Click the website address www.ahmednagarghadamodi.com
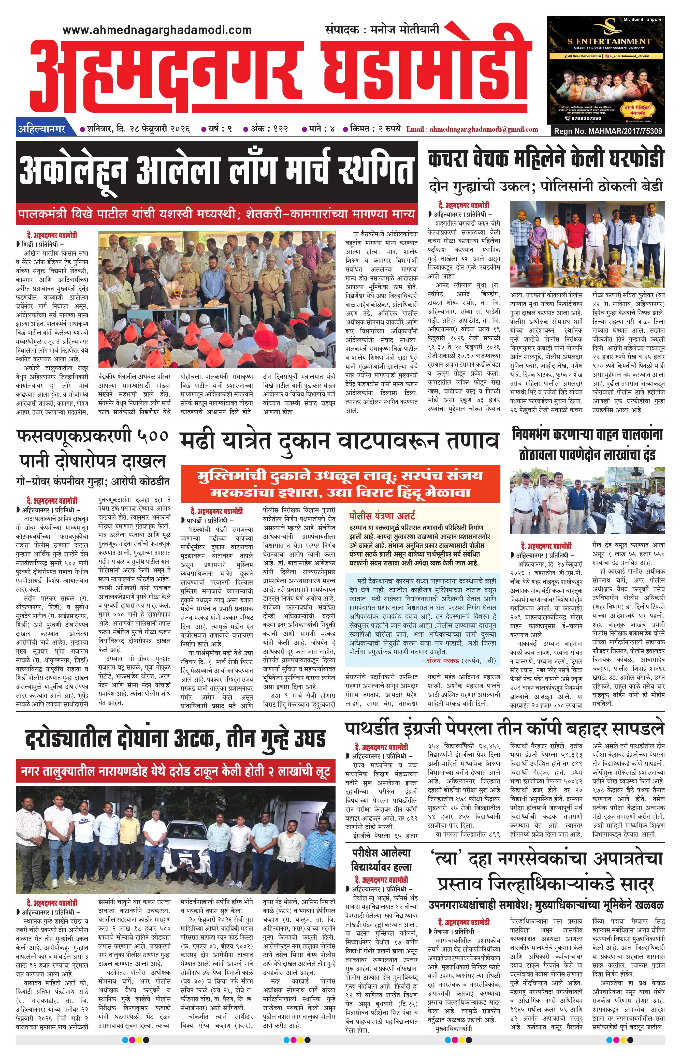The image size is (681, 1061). (x=157, y=30)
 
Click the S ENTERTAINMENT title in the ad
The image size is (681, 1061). (x=609, y=41)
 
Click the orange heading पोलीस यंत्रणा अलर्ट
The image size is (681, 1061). (x=382, y=515)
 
